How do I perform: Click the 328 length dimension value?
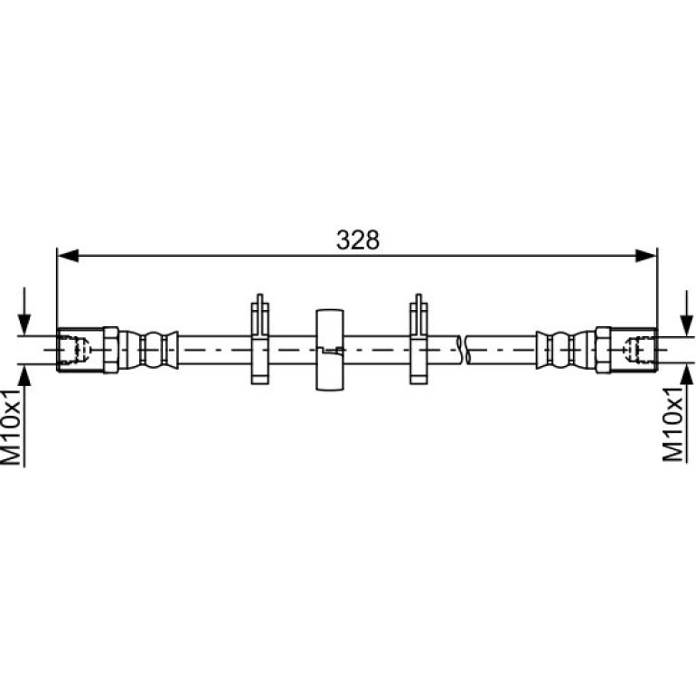coord(358,240)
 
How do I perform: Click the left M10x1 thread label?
coord(12,428)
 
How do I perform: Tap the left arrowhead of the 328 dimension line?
coord(69,256)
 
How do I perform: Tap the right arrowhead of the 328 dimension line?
coord(646,256)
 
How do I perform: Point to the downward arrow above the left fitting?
coord(24,311)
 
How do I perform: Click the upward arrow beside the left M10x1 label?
coord(24,417)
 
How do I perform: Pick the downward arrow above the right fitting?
coord(687,313)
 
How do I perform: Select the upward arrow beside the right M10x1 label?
coord(687,414)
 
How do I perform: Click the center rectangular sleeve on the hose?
coord(329,350)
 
